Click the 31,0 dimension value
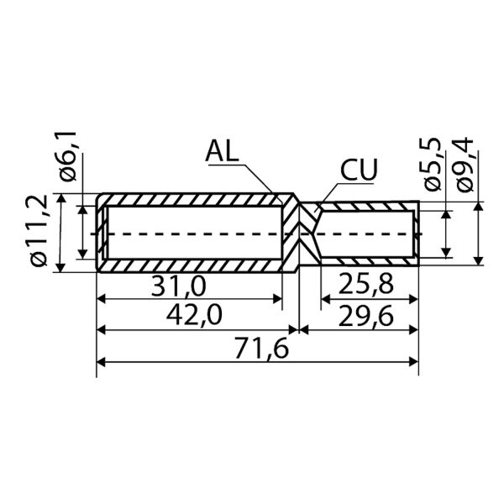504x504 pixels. pyautogui.click(x=178, y=286)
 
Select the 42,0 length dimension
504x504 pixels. pyautogui.click(x=194, y=316)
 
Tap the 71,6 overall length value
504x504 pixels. pyautogui.click(x=261, y=349)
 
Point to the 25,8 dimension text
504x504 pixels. pyautogui.click(x=365, y=285)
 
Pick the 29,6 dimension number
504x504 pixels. pyautogui.click(x=365, y=317)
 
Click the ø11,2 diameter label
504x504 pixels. pyautogui.click(x=39, y=231)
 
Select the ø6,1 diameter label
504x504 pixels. pyautogui.click(x=67, y=156)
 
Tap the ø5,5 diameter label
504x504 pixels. pyautogui.click(x=432, y=165)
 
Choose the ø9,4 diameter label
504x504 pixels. pyautogui.click(x=465, y=165)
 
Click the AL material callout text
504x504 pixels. pyautogui.click(x=223, y=151)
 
